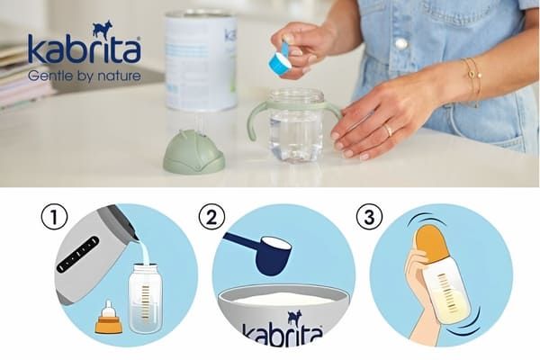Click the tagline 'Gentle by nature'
pos(84,76)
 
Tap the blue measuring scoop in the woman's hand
pos(279,61)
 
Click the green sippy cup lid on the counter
pos(193,155)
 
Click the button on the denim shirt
pos(401,42)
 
